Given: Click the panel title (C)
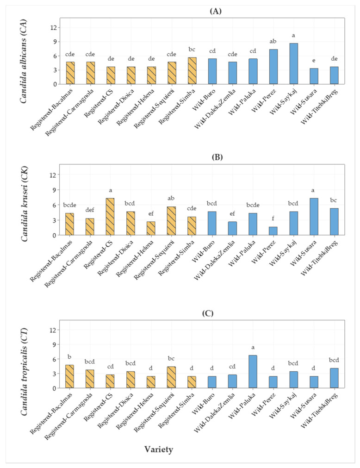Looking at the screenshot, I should click(x=202, y=313).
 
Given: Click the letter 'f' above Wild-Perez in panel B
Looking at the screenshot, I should click(x=273, y=217).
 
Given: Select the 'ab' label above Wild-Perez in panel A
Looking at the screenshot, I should click(x=273, y=42).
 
